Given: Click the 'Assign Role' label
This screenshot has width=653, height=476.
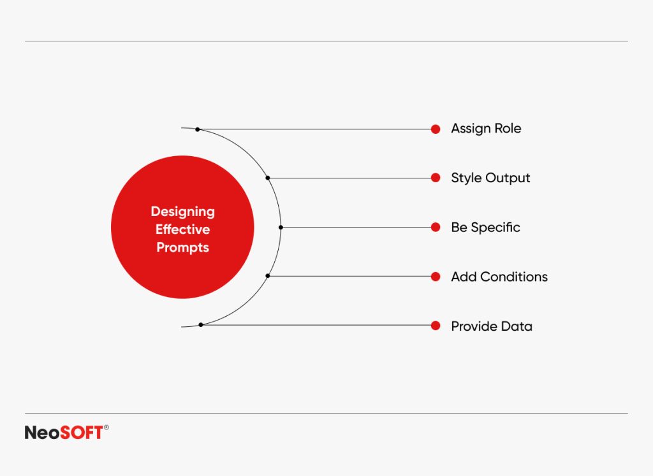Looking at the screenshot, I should click(x=486, y=129).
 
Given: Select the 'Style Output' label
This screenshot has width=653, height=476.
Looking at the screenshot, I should click(x=490, y=178).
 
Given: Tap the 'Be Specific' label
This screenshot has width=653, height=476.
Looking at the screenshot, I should click(x=485, y=227).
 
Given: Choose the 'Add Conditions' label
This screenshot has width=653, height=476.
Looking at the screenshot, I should click(x=499, y=277).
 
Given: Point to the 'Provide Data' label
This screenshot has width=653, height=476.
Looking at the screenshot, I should click(x=492, y=326).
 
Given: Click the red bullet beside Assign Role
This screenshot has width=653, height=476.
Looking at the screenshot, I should click(x=436, y=129).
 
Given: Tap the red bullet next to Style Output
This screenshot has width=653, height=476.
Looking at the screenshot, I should click(x=436, y=178).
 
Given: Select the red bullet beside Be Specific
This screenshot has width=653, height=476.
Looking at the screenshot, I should click(x=436, y=227).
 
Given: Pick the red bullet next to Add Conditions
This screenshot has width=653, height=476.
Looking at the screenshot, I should click(x=436, y=277).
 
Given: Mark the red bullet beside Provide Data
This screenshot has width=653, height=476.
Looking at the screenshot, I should click(x=436, y=326).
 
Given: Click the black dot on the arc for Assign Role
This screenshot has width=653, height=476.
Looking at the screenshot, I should click(x=198, y=129).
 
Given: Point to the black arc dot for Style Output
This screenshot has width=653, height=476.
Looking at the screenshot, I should click(x=268, y=178).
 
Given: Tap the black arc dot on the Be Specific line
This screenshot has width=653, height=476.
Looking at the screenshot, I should click(x=281, y=227).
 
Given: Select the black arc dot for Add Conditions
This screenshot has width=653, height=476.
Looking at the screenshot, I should click(x=268, y=276).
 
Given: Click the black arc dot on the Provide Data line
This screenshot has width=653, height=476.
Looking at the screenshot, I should click(x=201, y=325).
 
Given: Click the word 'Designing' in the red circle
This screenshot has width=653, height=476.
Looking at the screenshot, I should click(x=182, y=212).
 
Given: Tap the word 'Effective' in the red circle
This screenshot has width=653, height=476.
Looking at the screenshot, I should click(x=182, y=229).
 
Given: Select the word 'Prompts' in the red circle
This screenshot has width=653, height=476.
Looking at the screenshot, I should click(x=182, y=247).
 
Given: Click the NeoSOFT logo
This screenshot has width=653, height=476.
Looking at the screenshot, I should click(x=64, y=433).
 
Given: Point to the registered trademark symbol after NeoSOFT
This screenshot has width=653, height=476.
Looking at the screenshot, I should click(x=106, y=428).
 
